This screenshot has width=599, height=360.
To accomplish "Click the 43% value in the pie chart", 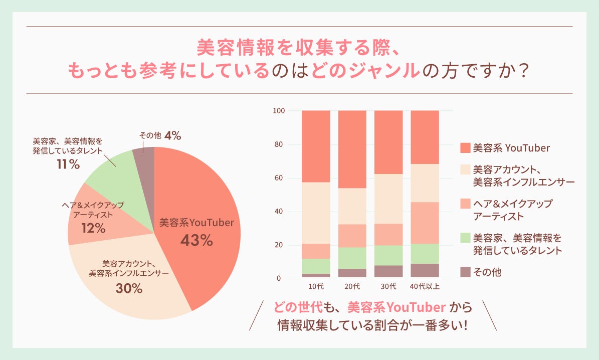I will click(x=196, y=241).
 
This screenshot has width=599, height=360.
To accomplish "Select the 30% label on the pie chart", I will click(x=129, y=289).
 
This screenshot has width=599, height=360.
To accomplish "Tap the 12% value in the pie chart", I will click(x=93, y=229).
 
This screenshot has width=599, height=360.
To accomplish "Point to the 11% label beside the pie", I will click(x=68, y=164).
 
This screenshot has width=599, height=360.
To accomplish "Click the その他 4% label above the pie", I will click(x=159, y=135).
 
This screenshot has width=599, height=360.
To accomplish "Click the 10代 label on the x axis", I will click(x=316, y=287).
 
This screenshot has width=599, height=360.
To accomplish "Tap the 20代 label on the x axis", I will click(x=352, y=287).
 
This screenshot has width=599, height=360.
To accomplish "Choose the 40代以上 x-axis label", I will click(x=425, y=287).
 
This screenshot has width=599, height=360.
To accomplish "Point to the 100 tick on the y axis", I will click(x=279, y=111).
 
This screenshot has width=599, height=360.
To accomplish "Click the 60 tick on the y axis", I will click(x=281, y=178).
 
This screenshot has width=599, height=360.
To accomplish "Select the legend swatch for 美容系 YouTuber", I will click(x=465, y=148).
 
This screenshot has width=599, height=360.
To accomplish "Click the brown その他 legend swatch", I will click(x=465, y=272).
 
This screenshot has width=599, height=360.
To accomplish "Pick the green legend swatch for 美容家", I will click(x=465, y=238).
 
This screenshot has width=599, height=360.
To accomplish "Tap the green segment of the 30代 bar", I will click(x=388, y=255).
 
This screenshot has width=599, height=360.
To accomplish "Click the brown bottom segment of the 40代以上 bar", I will click(x=425, y=270).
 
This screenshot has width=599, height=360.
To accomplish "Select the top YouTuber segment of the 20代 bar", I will click(x=352, y=149).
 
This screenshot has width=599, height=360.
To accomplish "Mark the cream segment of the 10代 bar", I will click(x=316, y=213).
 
